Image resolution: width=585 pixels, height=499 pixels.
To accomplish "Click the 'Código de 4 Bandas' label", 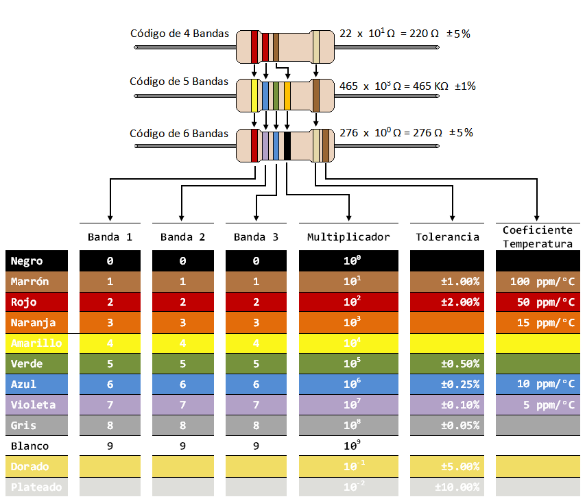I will [180, 33].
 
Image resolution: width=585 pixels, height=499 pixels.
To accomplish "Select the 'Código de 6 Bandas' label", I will [179, 133].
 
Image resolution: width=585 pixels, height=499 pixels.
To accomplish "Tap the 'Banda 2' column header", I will [182, 237].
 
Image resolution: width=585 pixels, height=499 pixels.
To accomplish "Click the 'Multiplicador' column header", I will [348, 237].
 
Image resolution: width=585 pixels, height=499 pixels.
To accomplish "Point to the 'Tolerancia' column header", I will [447, 237].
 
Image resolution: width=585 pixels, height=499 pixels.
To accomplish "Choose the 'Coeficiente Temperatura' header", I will [538, 237].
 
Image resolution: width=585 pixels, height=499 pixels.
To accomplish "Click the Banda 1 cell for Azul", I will [110, 385].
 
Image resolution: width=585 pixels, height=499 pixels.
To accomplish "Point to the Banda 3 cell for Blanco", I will [256, 446].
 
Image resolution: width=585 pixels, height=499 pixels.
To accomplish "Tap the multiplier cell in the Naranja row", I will [348, 323].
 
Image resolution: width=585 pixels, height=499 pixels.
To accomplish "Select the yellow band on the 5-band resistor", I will [254, 95].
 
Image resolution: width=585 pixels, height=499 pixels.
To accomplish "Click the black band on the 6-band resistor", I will [287, 145].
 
